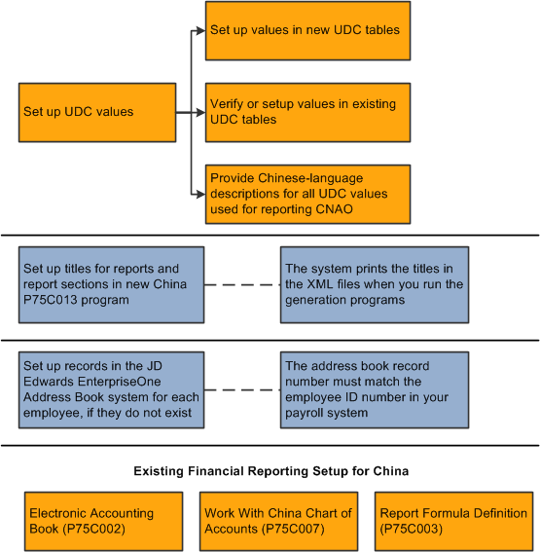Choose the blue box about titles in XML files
pos(375,284)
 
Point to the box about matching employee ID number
pos(375,389)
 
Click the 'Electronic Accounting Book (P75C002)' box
pos(103,521)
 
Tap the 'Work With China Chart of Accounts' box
pos(279,521)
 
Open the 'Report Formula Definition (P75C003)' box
pos(454,521)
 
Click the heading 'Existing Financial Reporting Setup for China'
pos(270,472)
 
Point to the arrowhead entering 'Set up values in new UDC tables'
pos(199,30)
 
